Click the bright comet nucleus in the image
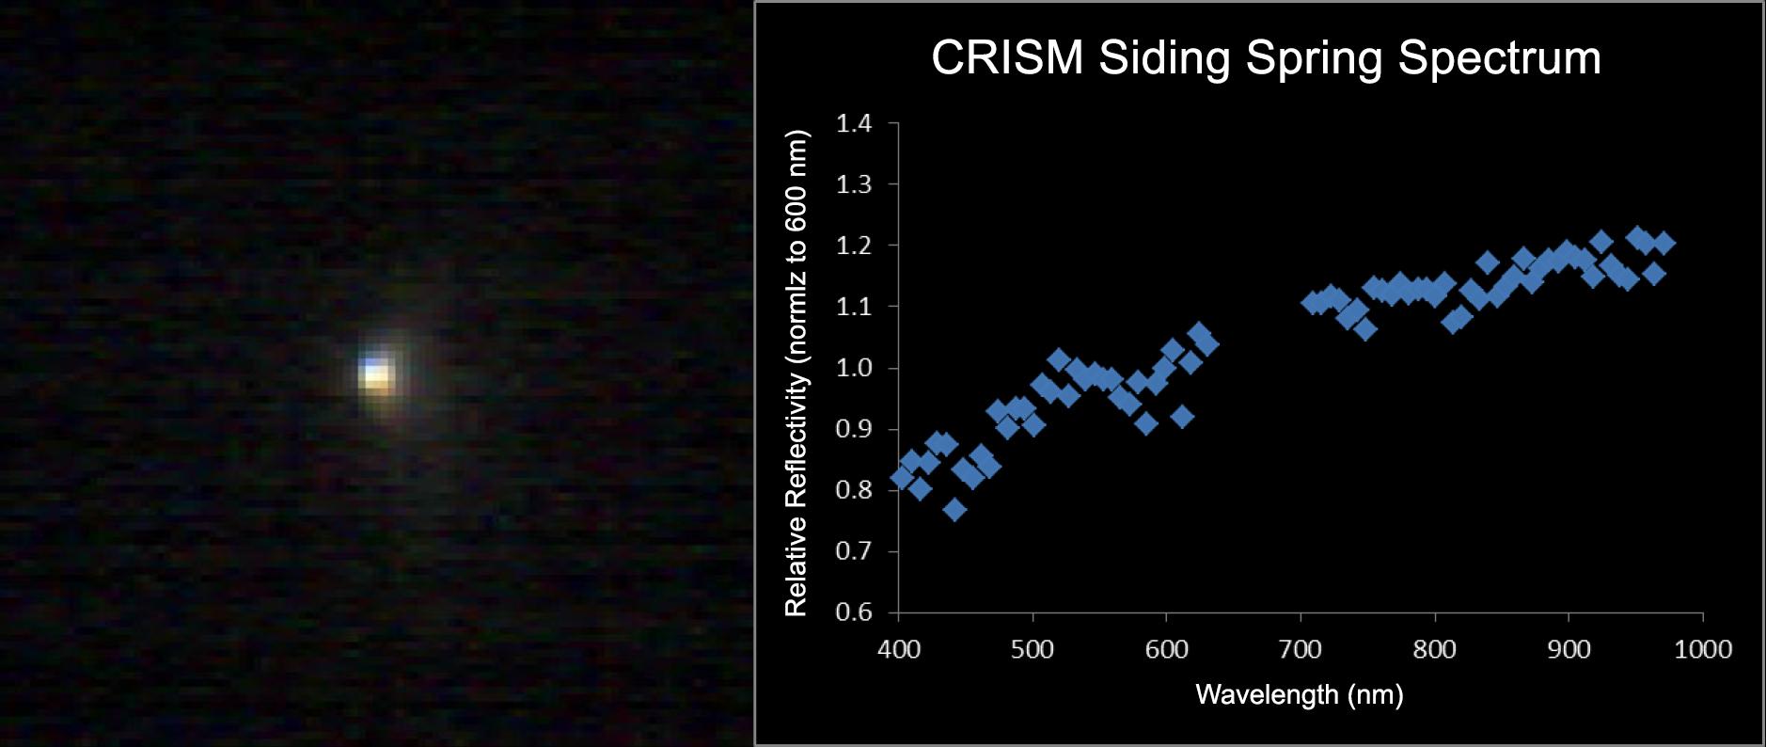click(376, 374)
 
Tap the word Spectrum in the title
click(1499, 57)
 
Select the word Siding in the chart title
click(1164, 57)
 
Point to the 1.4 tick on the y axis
click(854, 123)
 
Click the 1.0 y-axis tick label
click(854, 368)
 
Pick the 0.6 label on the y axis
click(854, 612)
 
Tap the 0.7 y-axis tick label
click(854, 551)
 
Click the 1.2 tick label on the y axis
click(854, 246)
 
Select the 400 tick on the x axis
click(899, 649)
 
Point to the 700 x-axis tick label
click(1301, 649)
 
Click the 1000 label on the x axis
click(1703, 649)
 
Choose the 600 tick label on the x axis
click(1167, 649)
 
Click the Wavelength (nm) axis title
click(1299, 695)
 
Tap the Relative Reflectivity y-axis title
click(796, 373)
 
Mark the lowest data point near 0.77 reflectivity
click(954, 510)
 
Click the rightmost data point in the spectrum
click(1664, 243)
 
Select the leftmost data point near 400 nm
click(902, 478)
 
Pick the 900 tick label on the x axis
click(1569, 649)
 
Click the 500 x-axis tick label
click(1033, 649)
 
